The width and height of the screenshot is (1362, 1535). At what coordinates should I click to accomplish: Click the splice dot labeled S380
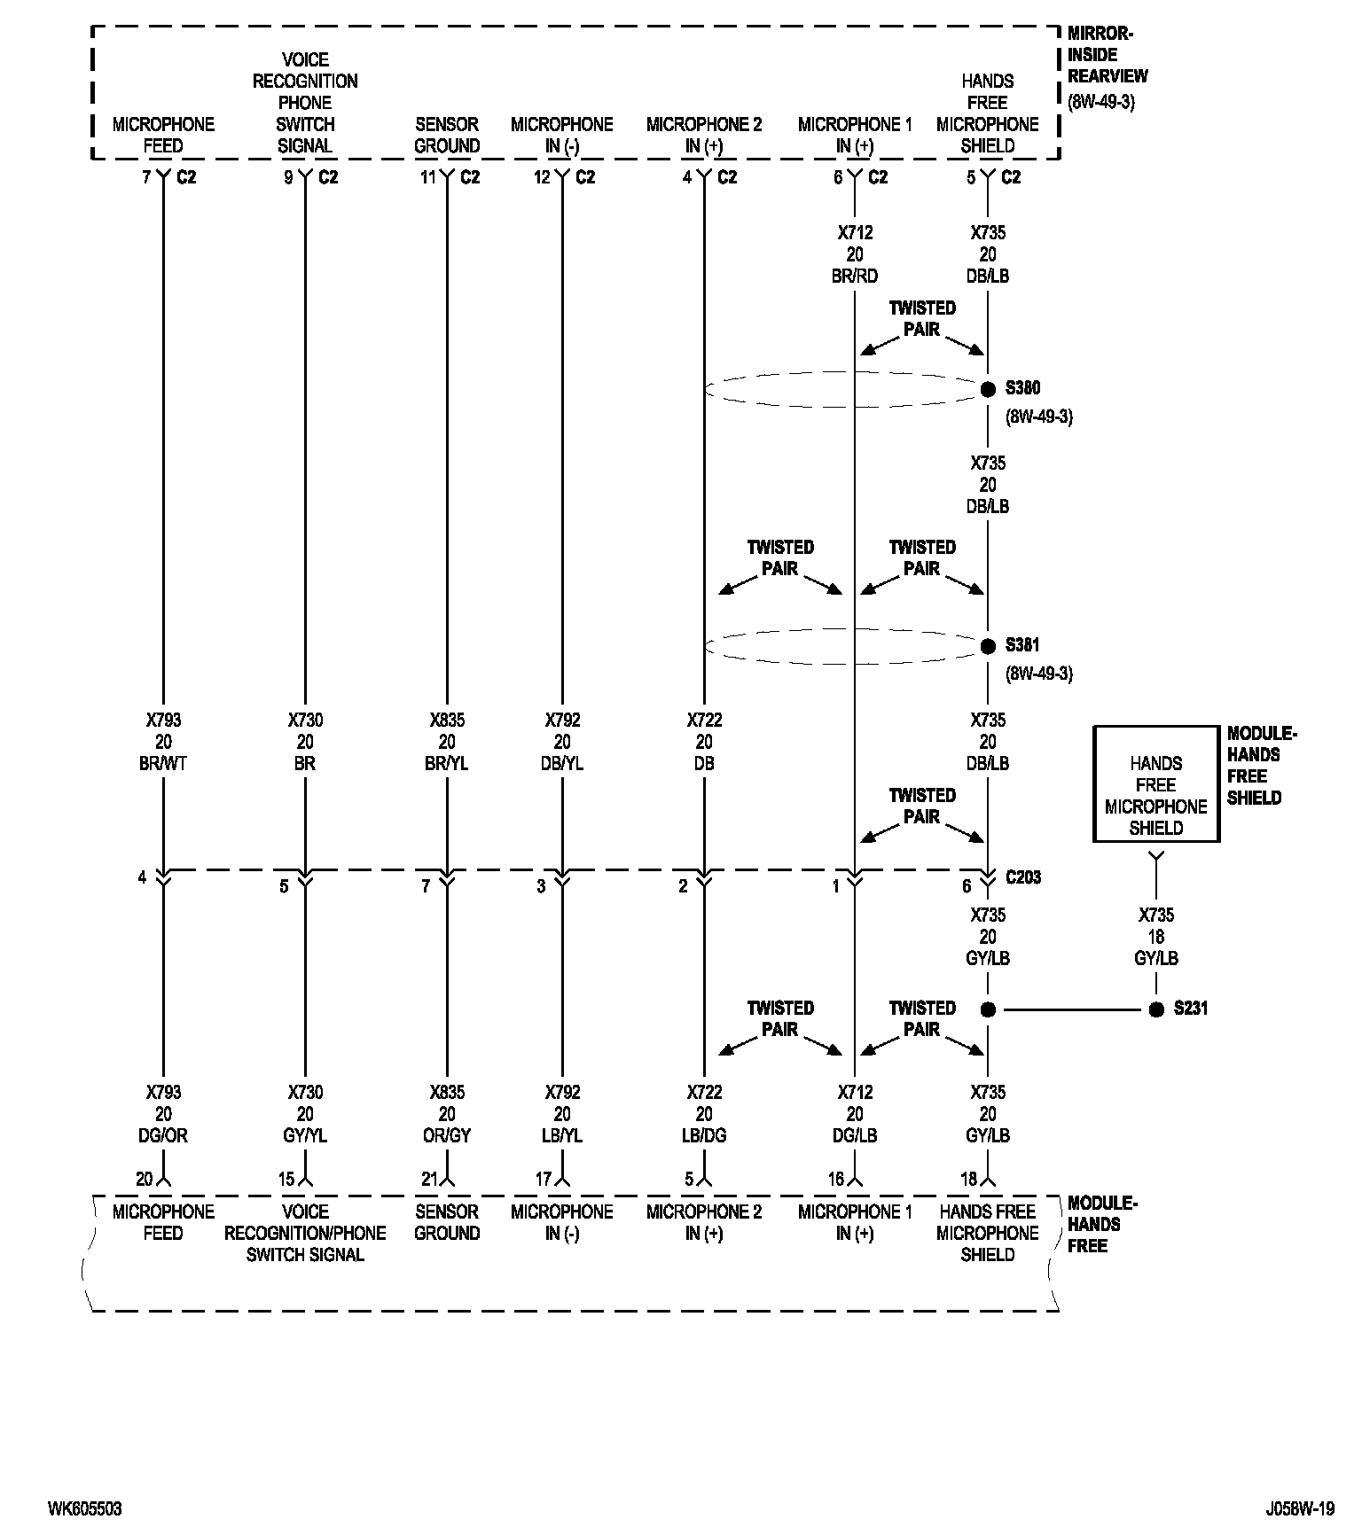988,389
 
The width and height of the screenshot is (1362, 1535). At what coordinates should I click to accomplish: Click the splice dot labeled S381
988,646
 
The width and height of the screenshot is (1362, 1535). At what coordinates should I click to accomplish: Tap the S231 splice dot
1156,1009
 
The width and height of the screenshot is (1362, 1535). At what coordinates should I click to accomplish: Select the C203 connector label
1023,877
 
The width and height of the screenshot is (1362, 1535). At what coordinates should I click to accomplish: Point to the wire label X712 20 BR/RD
855,254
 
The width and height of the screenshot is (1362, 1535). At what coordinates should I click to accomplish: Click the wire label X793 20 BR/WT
163,742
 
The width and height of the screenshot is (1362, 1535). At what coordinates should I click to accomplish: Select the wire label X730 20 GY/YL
305,1114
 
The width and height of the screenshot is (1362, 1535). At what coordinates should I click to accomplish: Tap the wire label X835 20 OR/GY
447,1114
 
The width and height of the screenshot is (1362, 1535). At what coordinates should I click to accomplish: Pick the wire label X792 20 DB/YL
562,742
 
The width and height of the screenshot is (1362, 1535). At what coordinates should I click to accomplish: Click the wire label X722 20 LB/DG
704,1114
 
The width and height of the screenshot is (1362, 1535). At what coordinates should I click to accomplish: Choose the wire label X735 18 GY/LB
1156,937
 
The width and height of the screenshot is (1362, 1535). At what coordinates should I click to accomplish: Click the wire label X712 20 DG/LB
855,1114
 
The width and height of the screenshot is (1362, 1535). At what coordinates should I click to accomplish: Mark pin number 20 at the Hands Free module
145,1179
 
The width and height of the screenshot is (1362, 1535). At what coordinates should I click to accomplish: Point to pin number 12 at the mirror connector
542,177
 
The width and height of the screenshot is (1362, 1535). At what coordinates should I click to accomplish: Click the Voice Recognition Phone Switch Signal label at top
305,103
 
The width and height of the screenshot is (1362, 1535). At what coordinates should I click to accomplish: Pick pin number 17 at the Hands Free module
544,1179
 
